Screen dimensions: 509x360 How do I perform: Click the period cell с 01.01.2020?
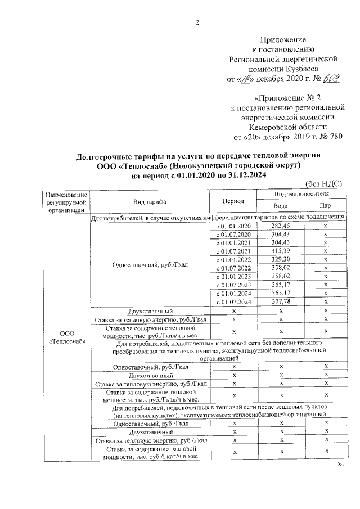tap(233, 226)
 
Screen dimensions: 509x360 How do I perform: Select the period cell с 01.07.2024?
tap(233, 301)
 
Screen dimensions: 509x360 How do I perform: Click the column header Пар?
tap(326, 206)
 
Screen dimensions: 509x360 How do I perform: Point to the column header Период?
tap(233, 201)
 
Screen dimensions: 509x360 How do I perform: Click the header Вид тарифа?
tap(149, 201)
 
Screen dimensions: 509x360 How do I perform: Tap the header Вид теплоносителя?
tap(301, 193)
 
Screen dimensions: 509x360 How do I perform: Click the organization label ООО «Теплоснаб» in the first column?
tap(66, 336)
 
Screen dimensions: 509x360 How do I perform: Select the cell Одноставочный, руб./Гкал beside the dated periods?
tap(149, 264)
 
